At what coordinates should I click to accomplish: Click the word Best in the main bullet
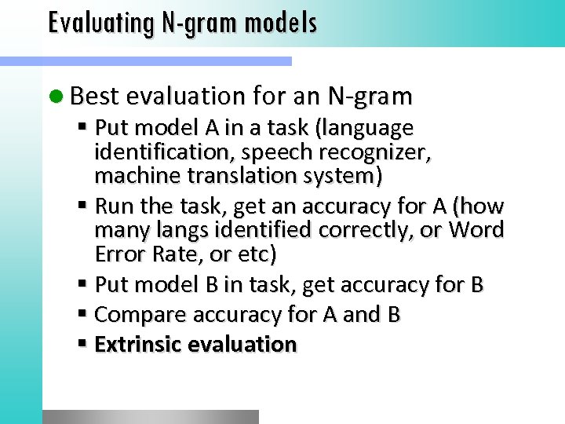(x=94, y=96)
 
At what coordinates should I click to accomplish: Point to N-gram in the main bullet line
(x=370, y=96)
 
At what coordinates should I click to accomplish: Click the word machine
(x=131, y=176)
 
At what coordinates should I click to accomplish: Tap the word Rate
(x=173, y=254)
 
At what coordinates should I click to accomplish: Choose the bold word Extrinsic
(x=138, y=344)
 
